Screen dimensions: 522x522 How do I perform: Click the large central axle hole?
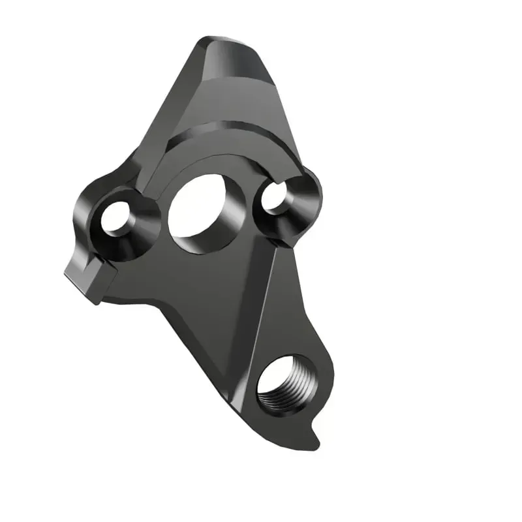pyautogui.click(x=198, y=207)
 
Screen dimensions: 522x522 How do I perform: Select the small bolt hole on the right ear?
pyautogui.click(x=275, y=195)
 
